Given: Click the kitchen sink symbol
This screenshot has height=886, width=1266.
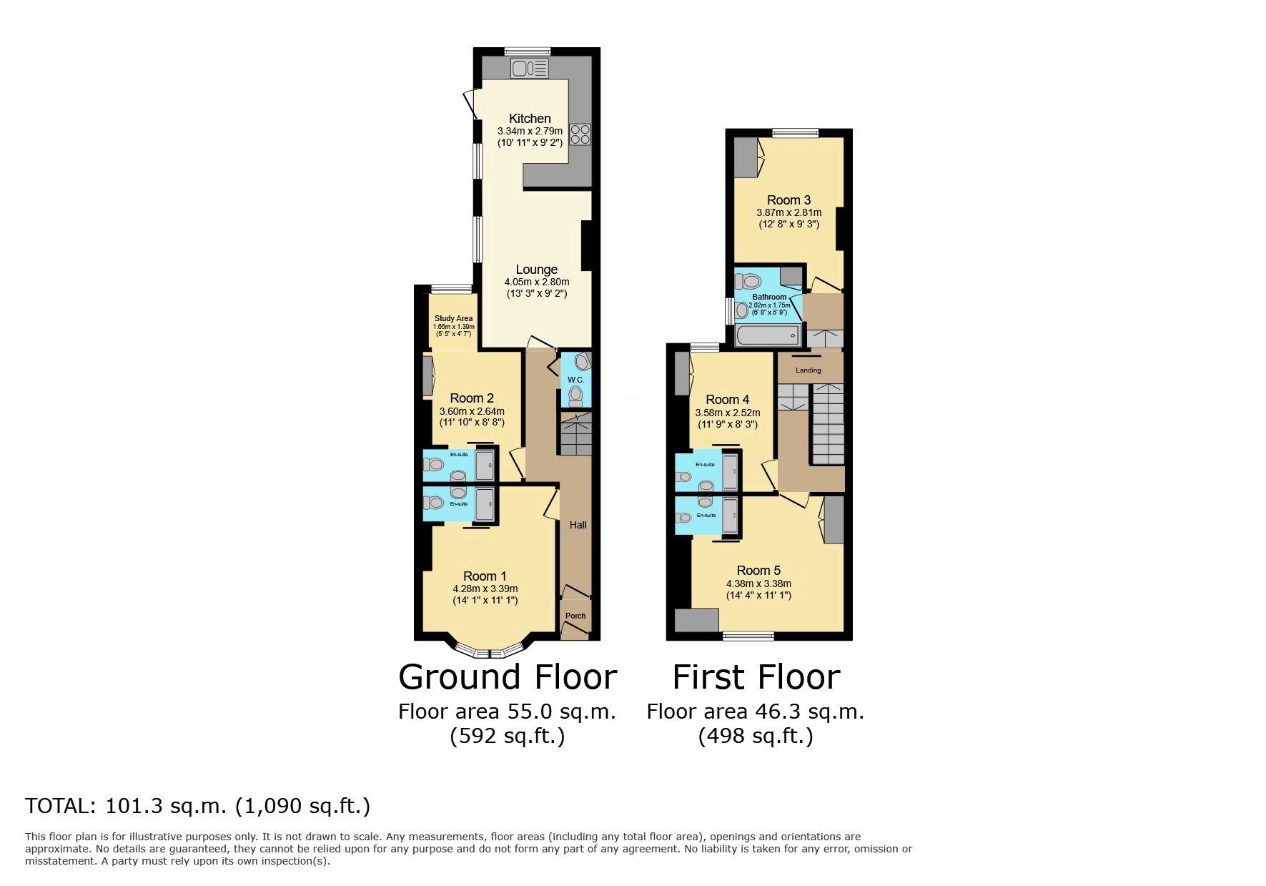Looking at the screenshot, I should [529, 69].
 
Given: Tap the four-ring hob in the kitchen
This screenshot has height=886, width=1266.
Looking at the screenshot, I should [580, 134].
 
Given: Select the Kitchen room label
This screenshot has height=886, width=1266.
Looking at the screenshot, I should [530, 119].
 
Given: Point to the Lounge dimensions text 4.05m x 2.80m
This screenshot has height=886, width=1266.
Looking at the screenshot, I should [536, 282].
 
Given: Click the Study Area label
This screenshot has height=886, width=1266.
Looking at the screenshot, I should [454, 319].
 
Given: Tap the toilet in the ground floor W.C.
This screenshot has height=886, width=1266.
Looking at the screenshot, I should [576, 395].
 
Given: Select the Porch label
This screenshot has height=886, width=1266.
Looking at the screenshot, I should [575, 616].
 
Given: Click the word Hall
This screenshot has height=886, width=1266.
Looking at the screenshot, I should [578, 525].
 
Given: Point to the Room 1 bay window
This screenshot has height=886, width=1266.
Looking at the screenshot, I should [490, 652].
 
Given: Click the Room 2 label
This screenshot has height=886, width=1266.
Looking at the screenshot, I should [472, 398].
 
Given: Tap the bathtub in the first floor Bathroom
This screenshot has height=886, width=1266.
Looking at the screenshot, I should [767, 335].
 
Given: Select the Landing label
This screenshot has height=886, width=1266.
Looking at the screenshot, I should [808, 370].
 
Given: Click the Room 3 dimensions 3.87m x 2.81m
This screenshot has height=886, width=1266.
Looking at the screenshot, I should [788, 212].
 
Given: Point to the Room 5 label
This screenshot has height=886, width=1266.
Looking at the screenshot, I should [758, 571].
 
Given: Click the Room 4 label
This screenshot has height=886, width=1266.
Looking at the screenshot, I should [727, 400].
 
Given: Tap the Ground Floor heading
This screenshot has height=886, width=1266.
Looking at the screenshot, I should [507, 676].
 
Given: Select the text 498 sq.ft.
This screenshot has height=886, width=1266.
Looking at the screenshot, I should [756, 736].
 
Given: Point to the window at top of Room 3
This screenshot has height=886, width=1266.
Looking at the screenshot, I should [795, 132].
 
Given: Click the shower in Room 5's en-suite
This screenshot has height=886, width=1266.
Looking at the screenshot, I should [730, 516].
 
